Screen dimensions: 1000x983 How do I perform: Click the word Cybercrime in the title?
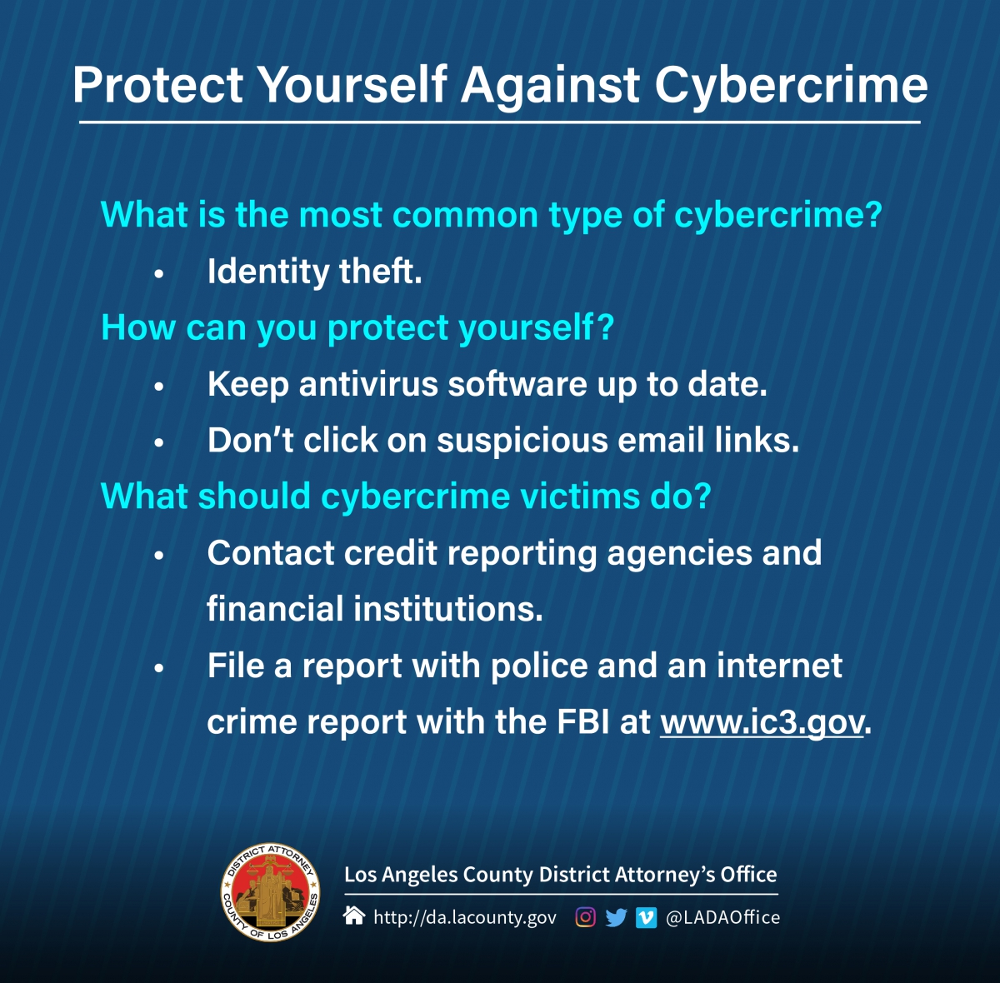coord(791,87)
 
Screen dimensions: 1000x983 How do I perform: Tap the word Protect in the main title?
coord(157,85)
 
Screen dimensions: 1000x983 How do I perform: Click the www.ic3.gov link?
coord(762,723)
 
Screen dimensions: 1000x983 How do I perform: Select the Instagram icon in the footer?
coord(585,918)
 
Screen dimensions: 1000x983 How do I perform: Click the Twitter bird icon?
coord(616,918)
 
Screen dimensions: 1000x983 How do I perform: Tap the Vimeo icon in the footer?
coord(646,918)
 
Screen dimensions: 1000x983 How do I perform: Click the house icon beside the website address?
coord(354,916)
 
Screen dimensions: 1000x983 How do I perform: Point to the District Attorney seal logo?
coord(270,891)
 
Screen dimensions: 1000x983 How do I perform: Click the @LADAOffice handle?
coord(722,918)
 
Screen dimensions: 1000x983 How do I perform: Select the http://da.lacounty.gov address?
coord(465,918)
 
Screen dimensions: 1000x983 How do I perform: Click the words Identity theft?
coord(314,272)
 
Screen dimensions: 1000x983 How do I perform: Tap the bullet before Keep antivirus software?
coord(159,387)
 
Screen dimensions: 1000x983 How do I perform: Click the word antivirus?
coord(368,385)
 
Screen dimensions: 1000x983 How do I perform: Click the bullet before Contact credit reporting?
coord(159,556)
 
